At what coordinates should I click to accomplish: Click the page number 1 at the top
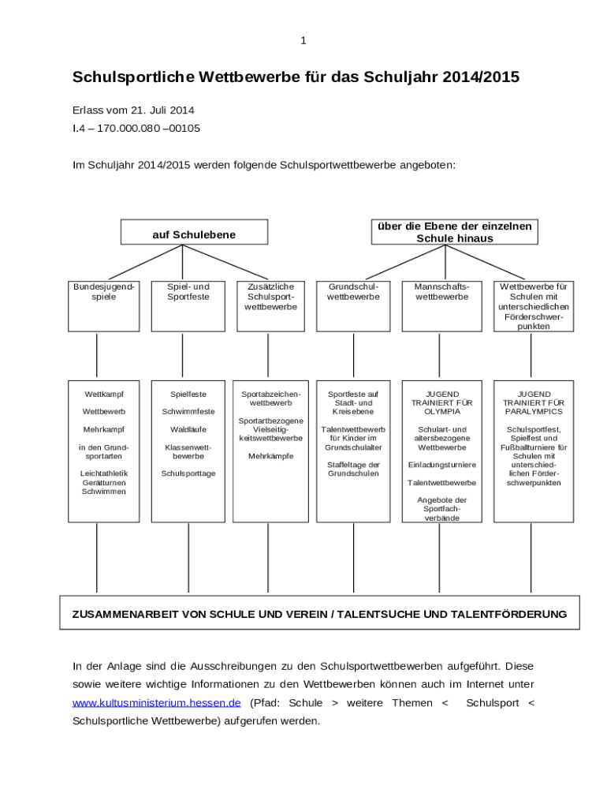(x=303, y=41)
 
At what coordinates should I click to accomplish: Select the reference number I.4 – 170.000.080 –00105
(x=136, y=128)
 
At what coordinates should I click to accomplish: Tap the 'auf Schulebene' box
(x=193, y=234)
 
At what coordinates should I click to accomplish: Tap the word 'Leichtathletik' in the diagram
(x=104, y=473)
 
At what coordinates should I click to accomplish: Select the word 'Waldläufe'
(x=188, y=429)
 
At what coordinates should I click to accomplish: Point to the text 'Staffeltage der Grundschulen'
(x=353, y=469)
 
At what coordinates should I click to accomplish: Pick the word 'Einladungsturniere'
(x=441, y=465)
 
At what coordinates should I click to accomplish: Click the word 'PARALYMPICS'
(x=534, y=412)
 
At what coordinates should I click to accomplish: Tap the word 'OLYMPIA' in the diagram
(x=441, y=412)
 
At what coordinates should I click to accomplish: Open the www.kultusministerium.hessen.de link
(x=156, y=703)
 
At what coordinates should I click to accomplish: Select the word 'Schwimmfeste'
(x=188, y=412)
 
